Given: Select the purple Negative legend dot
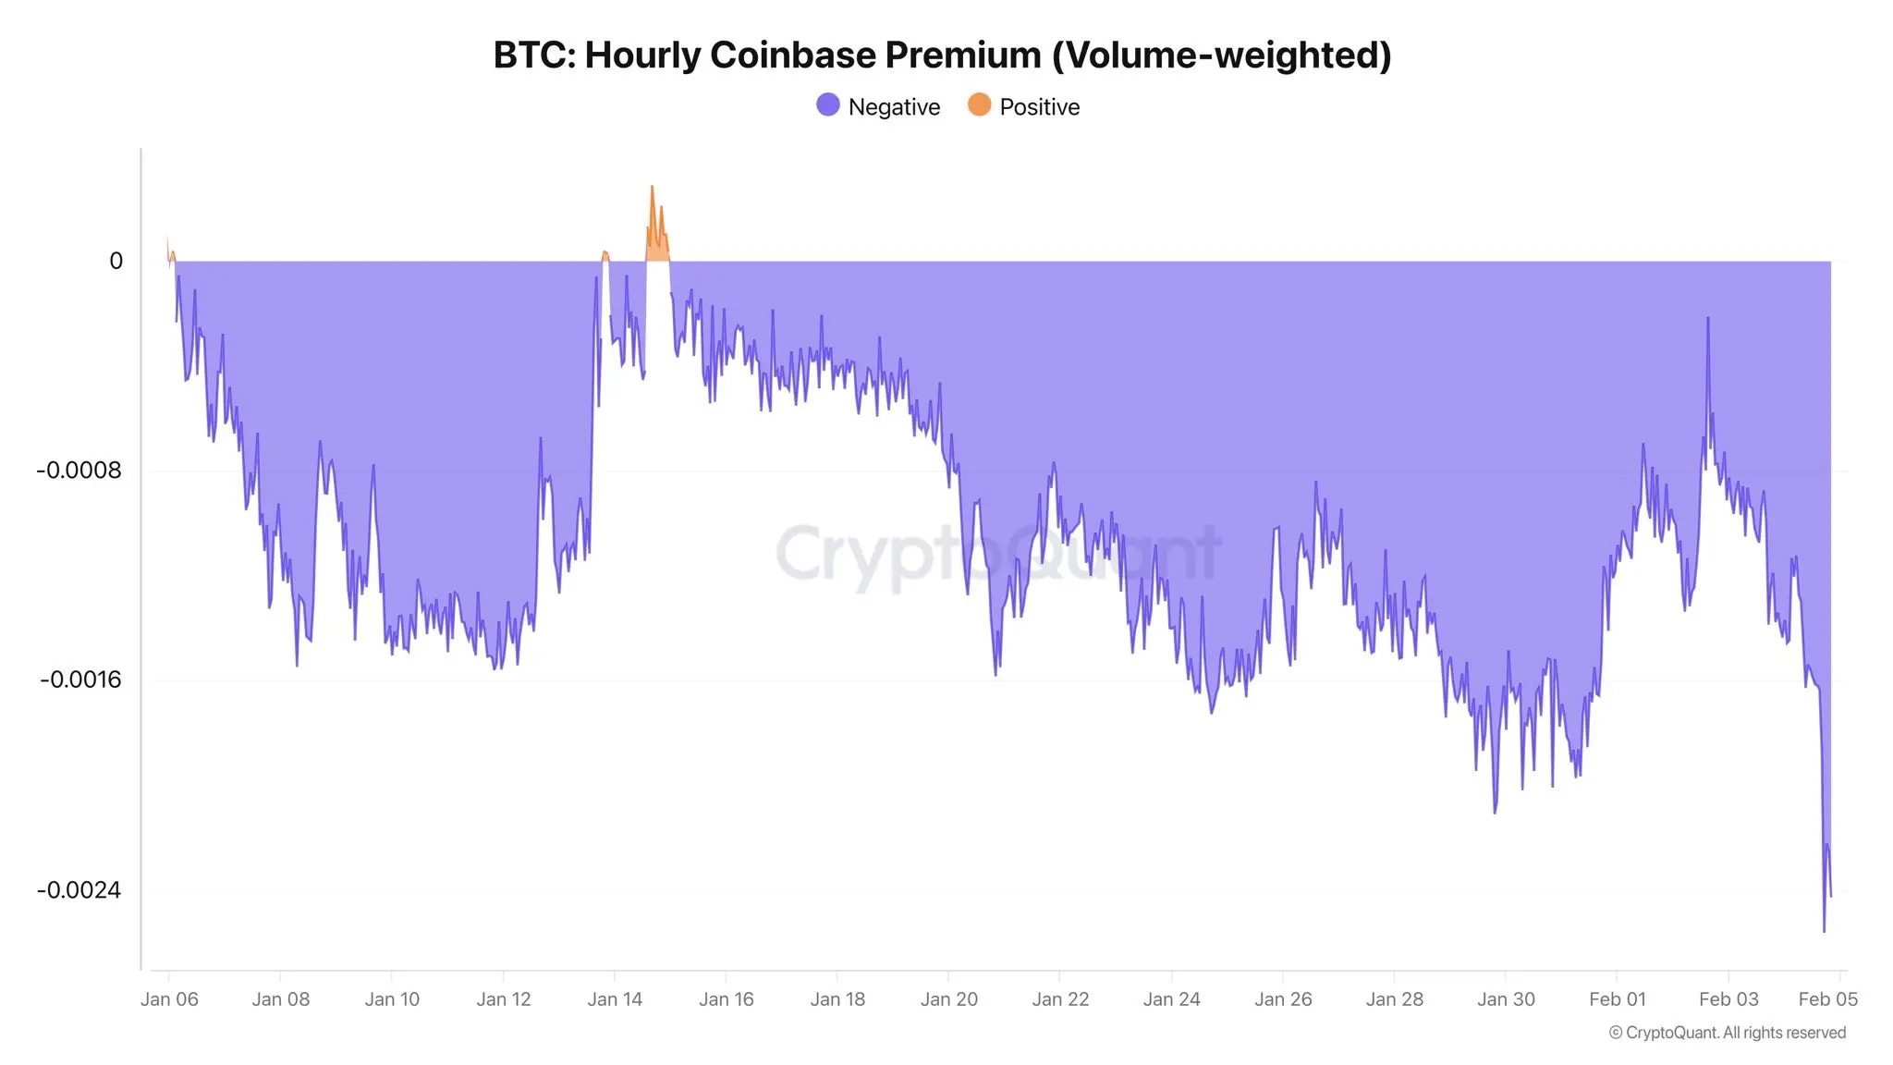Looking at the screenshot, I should (828, 105).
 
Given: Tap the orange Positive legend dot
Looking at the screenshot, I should (979, 105).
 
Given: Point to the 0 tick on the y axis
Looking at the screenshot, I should (116, 262).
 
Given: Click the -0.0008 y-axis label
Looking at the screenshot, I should (79, 471).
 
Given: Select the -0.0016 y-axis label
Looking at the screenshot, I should (80, 680).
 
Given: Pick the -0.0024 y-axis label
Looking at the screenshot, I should (79, 890).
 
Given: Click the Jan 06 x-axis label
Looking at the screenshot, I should (169, 999).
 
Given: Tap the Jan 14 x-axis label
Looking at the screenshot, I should (615, 999).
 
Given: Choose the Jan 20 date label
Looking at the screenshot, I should (948, 999).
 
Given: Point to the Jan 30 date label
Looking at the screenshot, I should (1506, 999).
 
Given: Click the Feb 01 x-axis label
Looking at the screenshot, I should (1617, 999).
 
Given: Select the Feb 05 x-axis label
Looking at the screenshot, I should (1827, 999).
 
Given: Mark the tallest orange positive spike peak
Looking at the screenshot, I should (652, 187).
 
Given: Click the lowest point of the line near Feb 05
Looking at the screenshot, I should (1824, 931).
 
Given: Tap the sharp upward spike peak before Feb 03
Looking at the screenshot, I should (1707, 318).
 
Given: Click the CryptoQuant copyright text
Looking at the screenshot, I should (1727, 1033).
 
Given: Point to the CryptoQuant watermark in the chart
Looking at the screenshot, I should (998, 553).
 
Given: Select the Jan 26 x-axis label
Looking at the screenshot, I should (1283, 999).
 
